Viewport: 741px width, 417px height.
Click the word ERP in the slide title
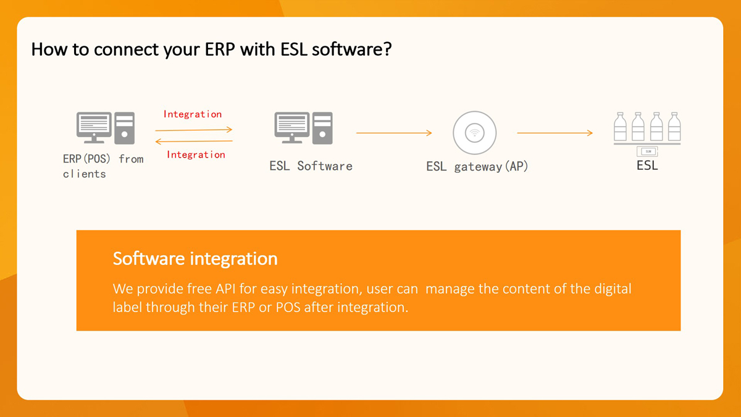220,49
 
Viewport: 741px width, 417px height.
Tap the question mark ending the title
388,49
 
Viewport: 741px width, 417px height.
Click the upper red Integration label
193,114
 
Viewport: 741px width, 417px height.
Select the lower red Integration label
196,154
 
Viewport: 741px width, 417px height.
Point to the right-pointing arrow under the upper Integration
194,130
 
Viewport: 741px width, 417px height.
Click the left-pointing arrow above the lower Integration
194,141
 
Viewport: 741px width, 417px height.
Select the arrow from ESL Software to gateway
394,133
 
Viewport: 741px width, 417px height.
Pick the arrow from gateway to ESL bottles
555,133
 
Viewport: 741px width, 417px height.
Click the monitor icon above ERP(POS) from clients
94,127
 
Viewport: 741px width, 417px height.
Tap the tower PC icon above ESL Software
322,128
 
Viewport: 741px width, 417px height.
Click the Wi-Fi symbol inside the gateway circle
475,133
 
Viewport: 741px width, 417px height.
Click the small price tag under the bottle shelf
647,151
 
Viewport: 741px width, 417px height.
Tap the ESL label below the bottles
647,166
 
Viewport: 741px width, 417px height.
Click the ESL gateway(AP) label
477,166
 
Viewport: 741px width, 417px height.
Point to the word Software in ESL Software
325,166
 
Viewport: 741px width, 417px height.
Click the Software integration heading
195,258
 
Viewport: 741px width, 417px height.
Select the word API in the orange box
225,289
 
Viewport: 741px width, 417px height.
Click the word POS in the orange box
288,308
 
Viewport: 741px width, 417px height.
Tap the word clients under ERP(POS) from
85,174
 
